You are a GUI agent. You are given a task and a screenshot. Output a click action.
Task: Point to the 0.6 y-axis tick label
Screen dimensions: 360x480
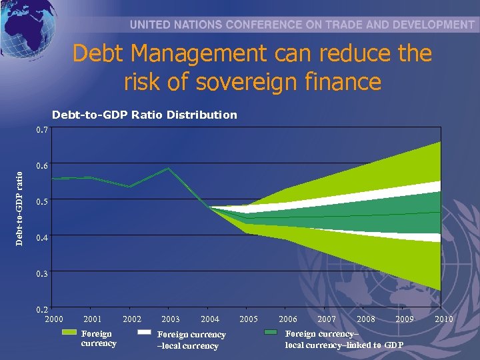tap(42, 165)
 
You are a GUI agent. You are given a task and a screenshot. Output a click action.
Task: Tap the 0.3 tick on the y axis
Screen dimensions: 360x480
tap(42, 273)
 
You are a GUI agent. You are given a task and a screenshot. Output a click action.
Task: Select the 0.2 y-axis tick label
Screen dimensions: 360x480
tap(42, 309)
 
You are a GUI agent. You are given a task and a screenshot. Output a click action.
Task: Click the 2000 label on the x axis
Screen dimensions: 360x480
tap(54, 319)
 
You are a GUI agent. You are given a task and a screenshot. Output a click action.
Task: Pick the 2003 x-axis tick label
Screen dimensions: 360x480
tap(171, 319)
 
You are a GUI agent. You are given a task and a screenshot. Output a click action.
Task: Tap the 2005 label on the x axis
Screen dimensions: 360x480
tap(249, 319)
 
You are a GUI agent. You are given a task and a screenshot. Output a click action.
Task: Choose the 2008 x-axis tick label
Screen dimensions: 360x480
tap(366, 319)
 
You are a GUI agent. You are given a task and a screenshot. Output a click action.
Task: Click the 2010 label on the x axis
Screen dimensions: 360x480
tap(443, 319)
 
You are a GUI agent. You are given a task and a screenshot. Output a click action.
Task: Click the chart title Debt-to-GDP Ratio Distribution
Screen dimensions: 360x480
tap(144, 115)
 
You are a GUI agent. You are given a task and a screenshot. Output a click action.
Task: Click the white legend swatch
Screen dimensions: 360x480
tap(145, 332)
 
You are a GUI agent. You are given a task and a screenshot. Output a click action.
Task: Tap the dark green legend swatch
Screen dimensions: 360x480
tap(271, 332)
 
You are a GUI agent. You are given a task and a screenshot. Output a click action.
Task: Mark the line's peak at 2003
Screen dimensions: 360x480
tap(169, 168)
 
